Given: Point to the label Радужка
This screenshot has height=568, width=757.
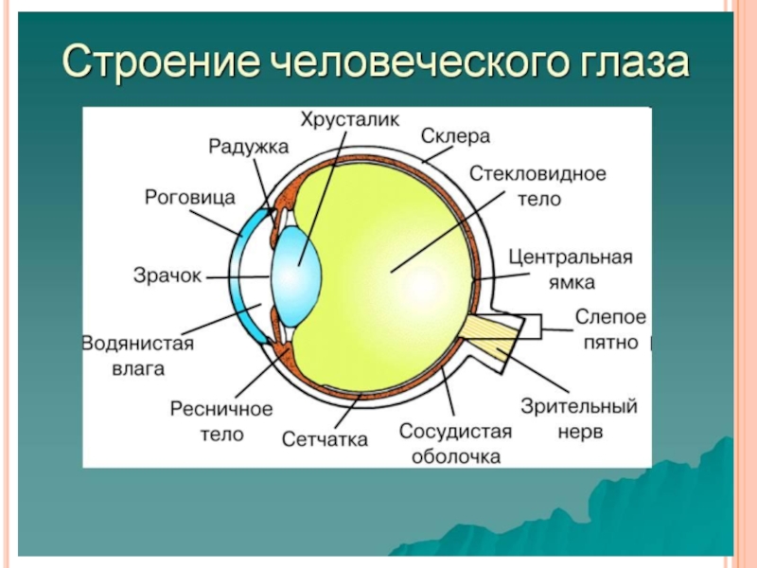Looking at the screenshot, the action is coord(248,146).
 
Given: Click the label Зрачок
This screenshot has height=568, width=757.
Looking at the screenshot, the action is coord(167,276).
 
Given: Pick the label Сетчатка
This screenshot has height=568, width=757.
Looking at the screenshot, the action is coord(325,439).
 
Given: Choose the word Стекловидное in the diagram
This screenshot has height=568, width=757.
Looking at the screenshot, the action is coord(537,175).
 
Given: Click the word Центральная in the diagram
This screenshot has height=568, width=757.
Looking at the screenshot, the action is coord(570,257).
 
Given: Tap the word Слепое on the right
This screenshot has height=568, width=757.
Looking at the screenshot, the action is coord(611,316).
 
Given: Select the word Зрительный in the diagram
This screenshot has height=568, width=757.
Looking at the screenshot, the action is coord(579,407).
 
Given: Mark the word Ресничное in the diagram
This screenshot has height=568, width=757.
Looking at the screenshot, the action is coord(221,409).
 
